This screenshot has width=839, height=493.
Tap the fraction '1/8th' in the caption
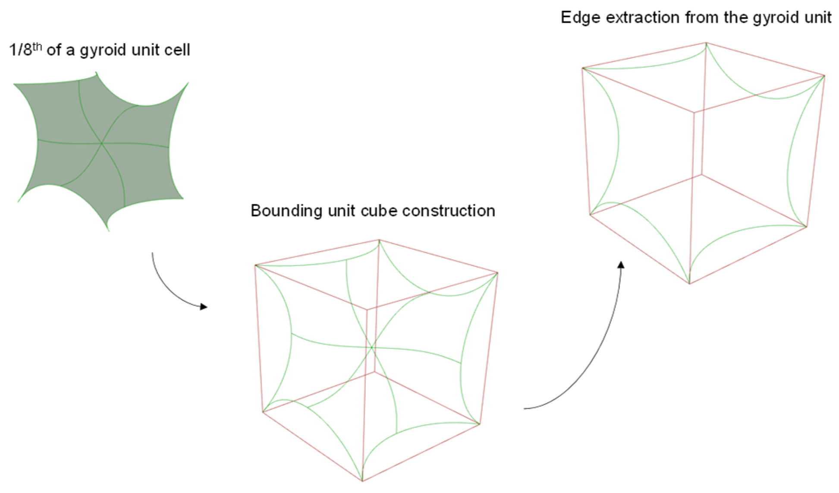(25, 50)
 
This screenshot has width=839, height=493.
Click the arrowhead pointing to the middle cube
(204, 307)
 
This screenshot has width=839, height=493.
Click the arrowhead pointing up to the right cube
(621, 265)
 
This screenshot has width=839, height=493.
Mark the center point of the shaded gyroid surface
(102, 143)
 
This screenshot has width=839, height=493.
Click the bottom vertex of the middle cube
(362, 480)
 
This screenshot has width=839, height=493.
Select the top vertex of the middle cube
(379, 240)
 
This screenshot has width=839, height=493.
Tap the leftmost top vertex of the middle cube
(255, 265)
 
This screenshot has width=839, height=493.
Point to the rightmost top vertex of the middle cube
(498, 273)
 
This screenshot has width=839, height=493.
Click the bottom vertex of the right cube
(689, 284)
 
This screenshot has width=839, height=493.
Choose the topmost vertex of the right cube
(706, 43)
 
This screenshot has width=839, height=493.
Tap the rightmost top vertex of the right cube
(824, 76)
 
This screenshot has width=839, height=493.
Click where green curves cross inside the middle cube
(372, 347)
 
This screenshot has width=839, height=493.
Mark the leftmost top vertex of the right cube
(583, 68)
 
